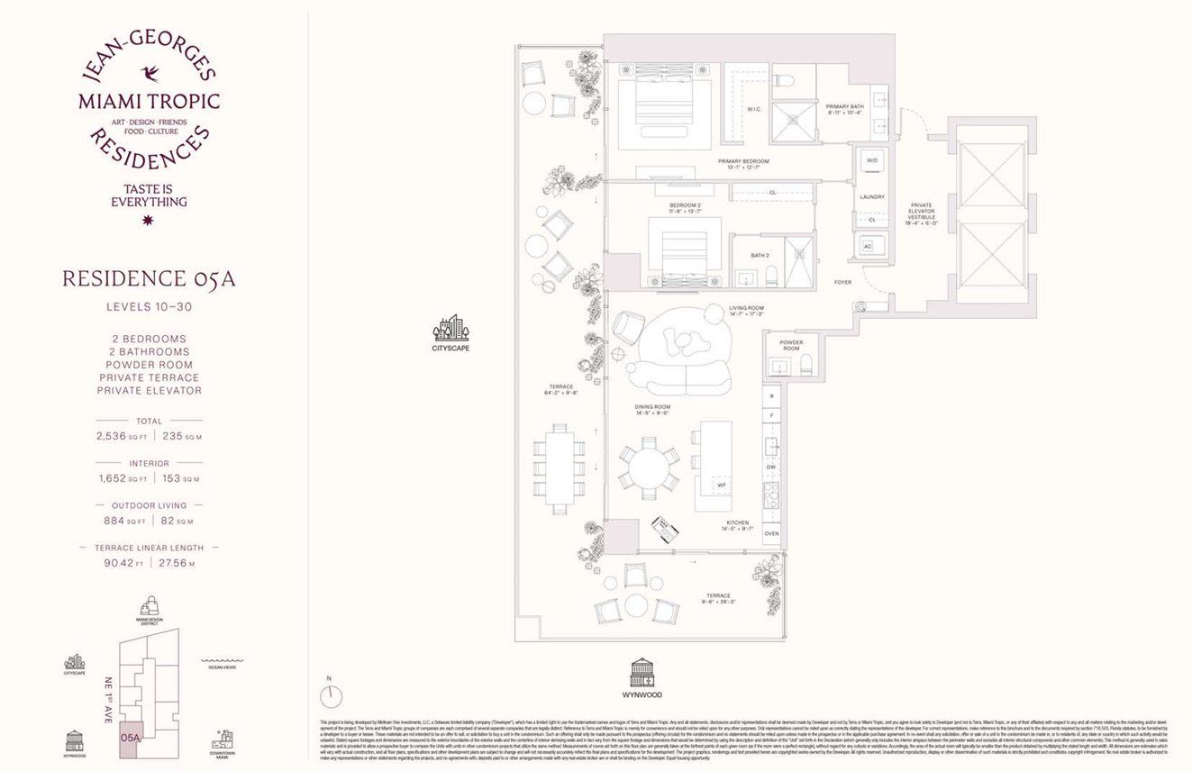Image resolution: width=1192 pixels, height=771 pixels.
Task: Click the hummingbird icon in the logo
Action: pyautogui.click(x=150, y=72)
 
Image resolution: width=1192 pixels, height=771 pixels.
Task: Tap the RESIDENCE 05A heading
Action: pyautogui.click(x=149, y=278)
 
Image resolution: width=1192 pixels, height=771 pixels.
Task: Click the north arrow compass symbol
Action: pyautogui.click(x=331, y=694)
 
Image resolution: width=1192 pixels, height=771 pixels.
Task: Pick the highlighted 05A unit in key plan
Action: pyautogui.click(x=131, y=736)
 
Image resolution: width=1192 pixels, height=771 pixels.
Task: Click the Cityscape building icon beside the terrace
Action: pyautogui.click(x=451, y=329)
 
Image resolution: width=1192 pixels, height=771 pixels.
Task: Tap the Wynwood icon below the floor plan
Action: pyautogui.click(x=642, y=672)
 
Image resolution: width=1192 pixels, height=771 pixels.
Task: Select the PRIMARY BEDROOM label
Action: pyautogui.click(x=743, y=164)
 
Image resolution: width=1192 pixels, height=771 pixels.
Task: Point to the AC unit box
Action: pyautogui.click(x=869, y=246)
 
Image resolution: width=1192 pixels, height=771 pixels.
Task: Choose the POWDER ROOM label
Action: pyautogui.click(x=791, y=345)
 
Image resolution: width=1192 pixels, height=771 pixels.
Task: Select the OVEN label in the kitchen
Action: pyautogui.click(x=771, y=534)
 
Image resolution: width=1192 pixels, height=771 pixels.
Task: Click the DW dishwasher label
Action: pyautogui.click(x=771, y=467)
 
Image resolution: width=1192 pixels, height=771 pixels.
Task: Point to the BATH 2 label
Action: pyautogui.click(x=760, y=256)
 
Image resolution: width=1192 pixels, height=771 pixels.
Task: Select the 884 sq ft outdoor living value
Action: pyautogui.click(x=118, y=521)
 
